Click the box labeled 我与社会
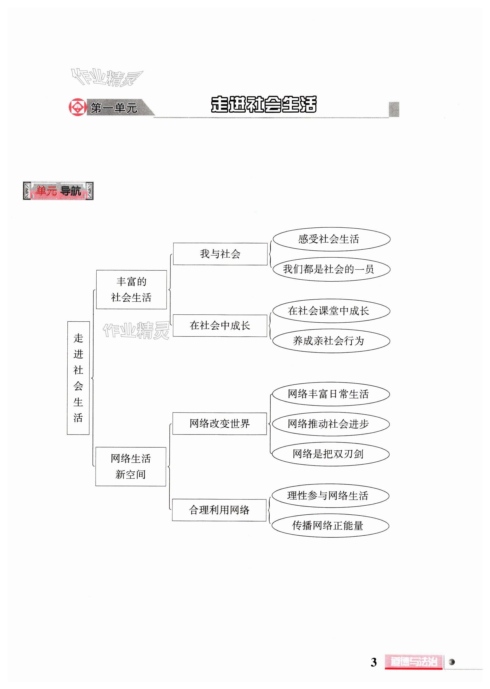(220, 254)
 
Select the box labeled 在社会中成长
(220, 325)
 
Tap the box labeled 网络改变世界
(219, 423)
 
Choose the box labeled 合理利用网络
(219, 510)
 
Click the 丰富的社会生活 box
(131, 289)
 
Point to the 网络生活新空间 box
(131, 466)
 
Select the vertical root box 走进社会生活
(78, 378)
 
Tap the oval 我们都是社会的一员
(331, 269)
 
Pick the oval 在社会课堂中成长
(331, 311)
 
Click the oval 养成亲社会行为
(331, 341)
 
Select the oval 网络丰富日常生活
(331, 394)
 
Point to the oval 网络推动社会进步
(331, 424)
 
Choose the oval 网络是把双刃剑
(330, 454)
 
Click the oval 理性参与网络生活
(330, 495)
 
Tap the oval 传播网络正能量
(330, 526)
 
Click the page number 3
(374, 662)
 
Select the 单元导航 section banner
(58, 191)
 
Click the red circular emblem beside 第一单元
(78, 107)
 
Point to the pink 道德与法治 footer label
(413, 662)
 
